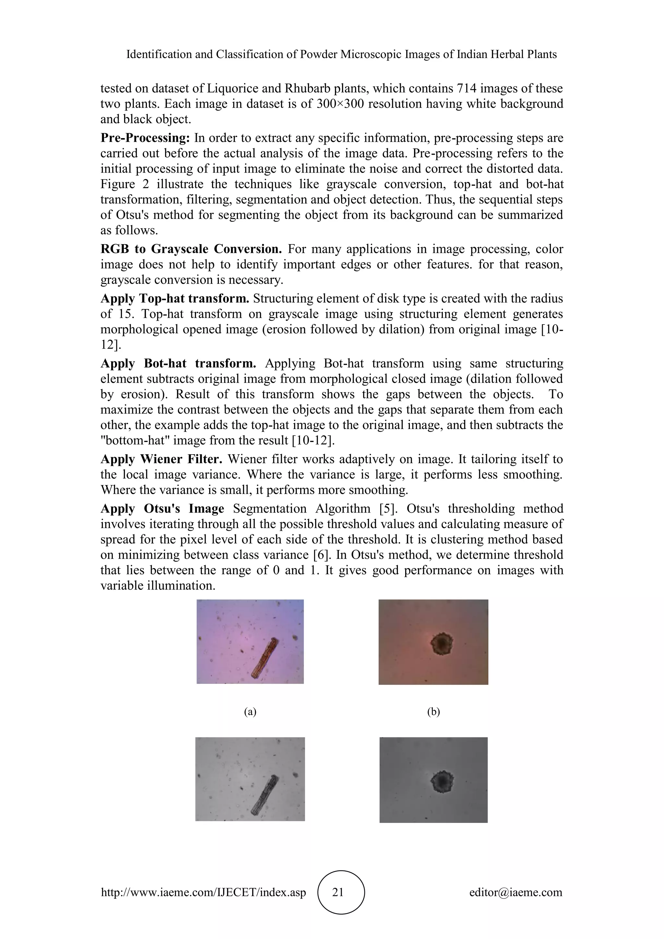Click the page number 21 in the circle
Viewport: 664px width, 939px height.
pyautogui.click(x=338, y=892)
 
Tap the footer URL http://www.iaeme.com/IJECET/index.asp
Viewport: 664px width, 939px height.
pyautogui.click(x=203, y=892)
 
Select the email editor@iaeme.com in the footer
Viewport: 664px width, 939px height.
pyautogui.click(x=516, y=892)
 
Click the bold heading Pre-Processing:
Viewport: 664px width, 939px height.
pyautogui.click(x=145, y=138)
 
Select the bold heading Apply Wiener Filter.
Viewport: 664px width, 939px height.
pyautogui.click(x=161, y=459)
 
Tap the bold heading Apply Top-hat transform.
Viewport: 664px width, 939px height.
pyautogui.click(x=174, y=299)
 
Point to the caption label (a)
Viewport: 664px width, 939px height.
pyautogui.click(x=250, y=712)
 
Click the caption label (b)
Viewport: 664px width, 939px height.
pyautogui.click(x=433, y=712)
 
